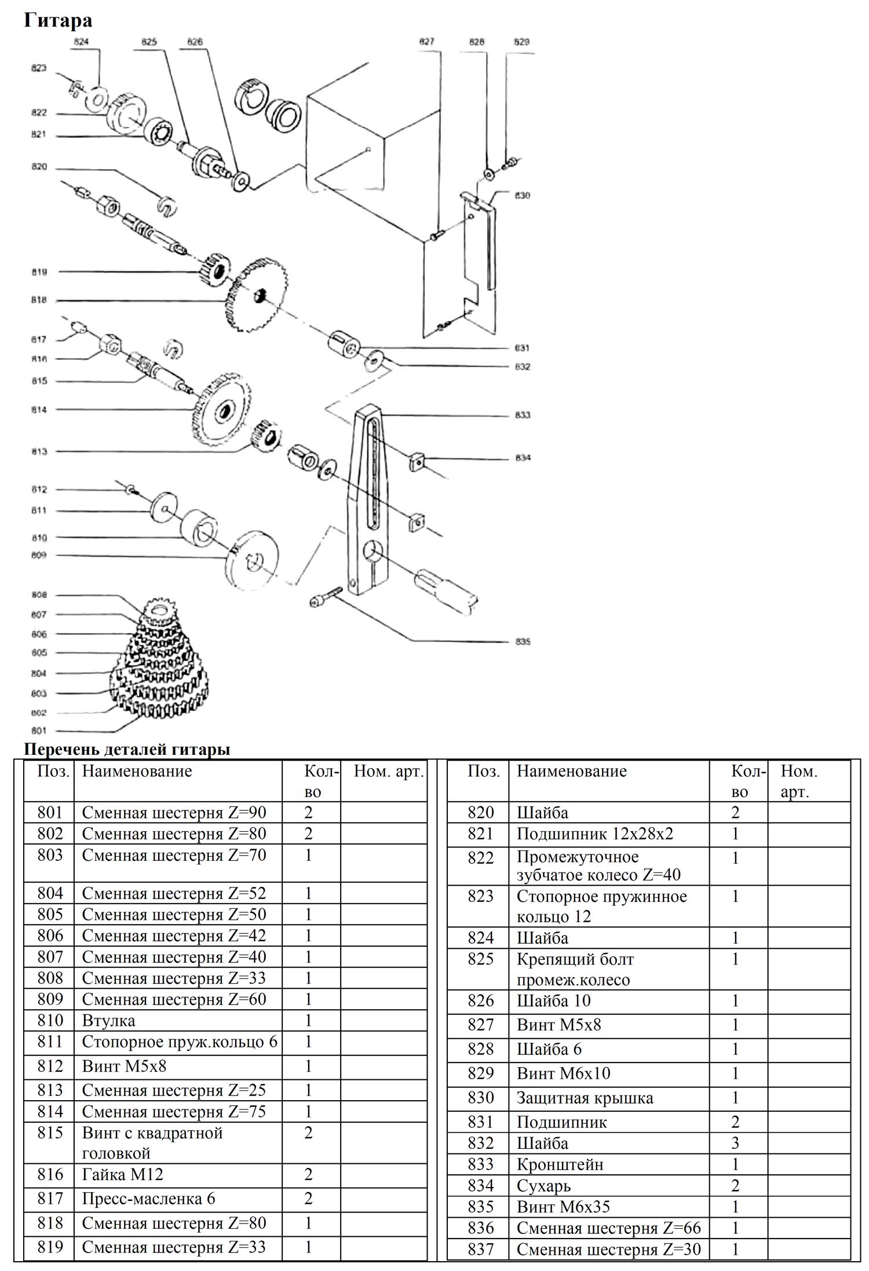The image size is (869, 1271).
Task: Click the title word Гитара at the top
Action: pyautogui.click(x=57, y=21)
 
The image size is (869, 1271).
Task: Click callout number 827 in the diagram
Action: pyautogui.click(x=426, y=42)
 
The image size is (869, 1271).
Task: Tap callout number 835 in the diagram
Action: pyautogui.click(x=523, y=641)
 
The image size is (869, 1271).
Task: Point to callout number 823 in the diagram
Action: pyautogui.click(x=39, y=68)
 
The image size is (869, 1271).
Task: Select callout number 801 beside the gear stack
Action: pyautogui.click(x=39, y=731)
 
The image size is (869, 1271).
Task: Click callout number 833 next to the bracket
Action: pyautogui.click(x=523, y=415)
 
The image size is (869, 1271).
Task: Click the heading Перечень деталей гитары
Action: pyautogui.click(x=127, y=749)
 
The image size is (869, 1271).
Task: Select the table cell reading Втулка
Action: pyautogui.click(x=108, y=1020)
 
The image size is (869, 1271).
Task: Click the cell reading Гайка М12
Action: pyautogui.click(x=123, y=1174)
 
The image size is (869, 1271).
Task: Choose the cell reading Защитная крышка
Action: pyautogui.click(x=585, y=1098)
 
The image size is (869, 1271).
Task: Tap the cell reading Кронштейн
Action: pyautogui.click(x=560, y=1164)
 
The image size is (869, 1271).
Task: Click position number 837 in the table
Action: pyautogui.click(x=480, y=1249)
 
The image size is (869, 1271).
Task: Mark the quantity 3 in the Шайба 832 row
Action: pyautogui.click(x=735, y=1143)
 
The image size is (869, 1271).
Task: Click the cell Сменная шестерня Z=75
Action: pyautogui.click(x=174, y=1112)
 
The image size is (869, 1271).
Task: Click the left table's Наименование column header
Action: pyautogui.click(x=137, y=771)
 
